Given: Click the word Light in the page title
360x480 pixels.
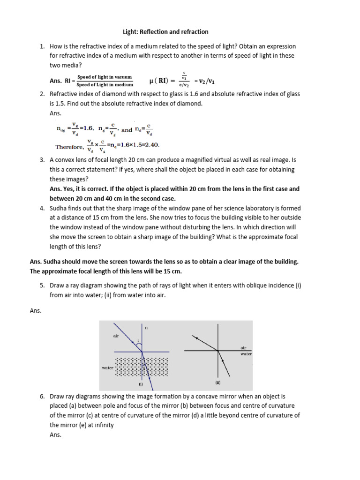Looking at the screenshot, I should [123, 32].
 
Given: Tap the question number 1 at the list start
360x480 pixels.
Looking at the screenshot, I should [42, 46].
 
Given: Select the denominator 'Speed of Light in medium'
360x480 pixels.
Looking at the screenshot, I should [105, 84].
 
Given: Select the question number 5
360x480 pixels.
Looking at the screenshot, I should [42, 285].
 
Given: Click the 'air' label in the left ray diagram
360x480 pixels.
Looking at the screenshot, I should [116, 336].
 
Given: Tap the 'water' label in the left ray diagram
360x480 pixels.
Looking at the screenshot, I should [108, 368].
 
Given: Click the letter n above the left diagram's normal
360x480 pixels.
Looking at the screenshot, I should [146, 328].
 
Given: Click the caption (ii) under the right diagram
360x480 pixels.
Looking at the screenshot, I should [218, 382].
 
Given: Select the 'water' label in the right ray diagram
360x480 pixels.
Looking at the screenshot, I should [246, 354].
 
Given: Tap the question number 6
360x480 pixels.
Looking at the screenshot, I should [42, 396].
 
